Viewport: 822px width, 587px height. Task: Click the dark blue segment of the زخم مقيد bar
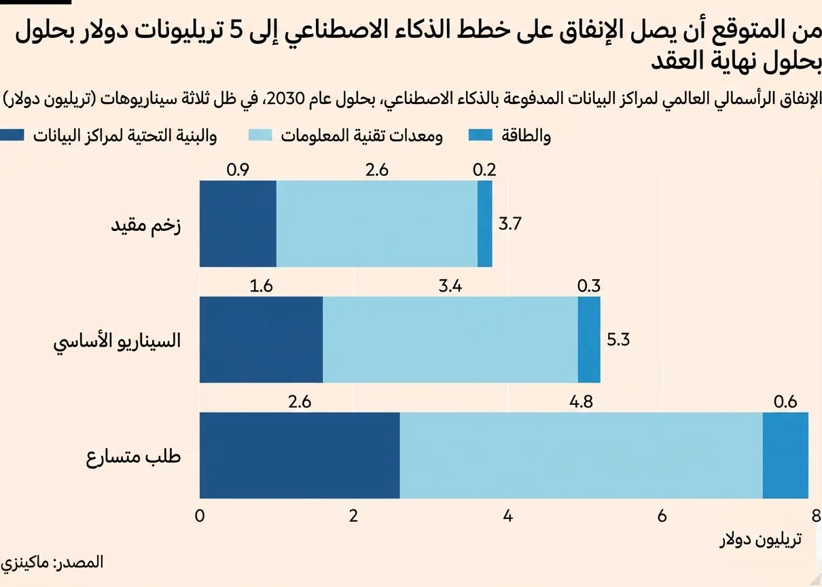click(x=238, y=224)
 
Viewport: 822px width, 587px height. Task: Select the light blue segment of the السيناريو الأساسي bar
click(x=450, y=340)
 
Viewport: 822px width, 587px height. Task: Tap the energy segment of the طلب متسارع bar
click(x=785, y=455)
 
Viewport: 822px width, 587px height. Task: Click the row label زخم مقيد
click(x=145, y=225)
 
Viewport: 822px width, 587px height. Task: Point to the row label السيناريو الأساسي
click(x=118, y=340)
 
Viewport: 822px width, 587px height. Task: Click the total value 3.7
click(x=510, y=224)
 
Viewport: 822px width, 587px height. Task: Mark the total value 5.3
click(x=619, y=340)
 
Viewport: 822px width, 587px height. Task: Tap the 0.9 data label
click(x=237, y=170)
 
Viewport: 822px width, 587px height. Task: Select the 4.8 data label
click(x=581, y=402)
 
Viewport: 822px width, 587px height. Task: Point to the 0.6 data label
click(x=785, y=402)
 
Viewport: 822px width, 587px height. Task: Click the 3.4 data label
click(x=450, y=286)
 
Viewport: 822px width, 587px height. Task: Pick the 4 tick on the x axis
click(x=507, y=515)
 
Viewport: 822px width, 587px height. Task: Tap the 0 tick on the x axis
click(x=200, y=515)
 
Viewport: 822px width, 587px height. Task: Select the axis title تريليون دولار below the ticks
click(x=760, y=540)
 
